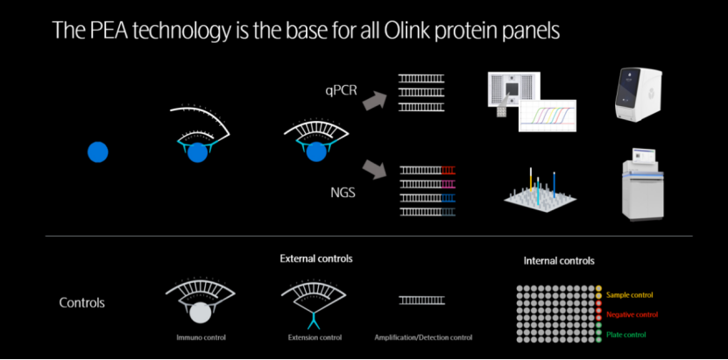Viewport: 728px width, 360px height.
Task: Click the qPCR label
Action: pos(342,89)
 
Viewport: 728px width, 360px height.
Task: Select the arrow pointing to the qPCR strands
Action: pos(374,100)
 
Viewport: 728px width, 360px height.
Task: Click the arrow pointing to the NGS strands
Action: pos(374,169)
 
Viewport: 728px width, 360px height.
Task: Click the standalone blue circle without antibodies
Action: pos(98,152)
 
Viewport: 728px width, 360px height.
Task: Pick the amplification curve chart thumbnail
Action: pos(548,116)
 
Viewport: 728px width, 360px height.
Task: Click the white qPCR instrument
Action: pos(638,95)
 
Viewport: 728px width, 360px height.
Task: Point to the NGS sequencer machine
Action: pos(644,185)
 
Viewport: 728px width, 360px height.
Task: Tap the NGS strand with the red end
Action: pos(428,169)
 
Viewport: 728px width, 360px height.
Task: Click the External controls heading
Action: pos(316,258)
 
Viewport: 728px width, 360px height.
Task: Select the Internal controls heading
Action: pos(559,261)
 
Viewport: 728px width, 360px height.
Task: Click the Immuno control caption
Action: pos(201,337)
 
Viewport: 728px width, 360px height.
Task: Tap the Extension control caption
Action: pos(315,337)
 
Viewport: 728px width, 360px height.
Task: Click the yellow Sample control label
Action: pos(630,295)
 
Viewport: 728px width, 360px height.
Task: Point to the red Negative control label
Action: pos(632,314)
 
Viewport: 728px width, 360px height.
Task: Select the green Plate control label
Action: pos(626,334)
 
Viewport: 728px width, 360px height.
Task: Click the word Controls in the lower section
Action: pos(81,303)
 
